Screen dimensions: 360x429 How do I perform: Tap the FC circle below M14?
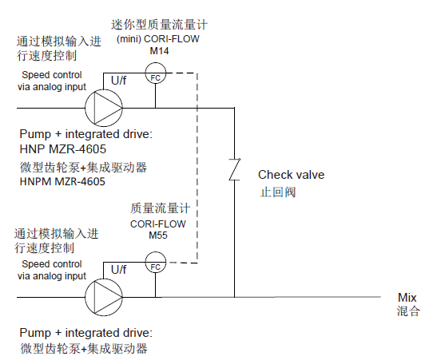(155, 77)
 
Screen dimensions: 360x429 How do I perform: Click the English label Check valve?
(291, 175)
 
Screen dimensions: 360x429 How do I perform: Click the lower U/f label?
(118, 269)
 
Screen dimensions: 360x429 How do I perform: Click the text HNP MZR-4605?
(61, 149)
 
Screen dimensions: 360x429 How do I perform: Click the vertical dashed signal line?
(197, 168)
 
